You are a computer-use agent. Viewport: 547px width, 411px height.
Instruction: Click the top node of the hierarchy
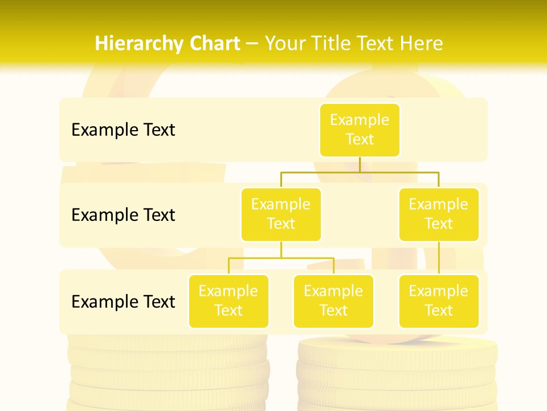360,130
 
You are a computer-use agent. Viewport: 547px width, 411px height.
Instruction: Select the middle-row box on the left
281,214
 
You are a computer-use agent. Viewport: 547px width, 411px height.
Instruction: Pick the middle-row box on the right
439,214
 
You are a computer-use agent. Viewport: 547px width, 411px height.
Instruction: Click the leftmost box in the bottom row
228,301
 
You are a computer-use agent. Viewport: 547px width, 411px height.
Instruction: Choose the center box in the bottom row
333,301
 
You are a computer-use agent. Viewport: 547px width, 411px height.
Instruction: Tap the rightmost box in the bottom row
439,301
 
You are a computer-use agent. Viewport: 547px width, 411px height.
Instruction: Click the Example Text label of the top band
123,130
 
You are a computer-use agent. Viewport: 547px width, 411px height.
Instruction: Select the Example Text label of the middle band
123,215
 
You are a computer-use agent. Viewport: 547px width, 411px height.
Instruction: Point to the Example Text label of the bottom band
123,301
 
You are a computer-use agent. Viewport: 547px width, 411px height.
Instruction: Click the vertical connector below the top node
360,164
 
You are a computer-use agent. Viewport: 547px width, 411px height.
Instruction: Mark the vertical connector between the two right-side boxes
439,258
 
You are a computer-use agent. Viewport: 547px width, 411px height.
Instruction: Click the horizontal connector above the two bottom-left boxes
281,258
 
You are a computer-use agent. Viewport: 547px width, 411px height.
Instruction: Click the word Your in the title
283,43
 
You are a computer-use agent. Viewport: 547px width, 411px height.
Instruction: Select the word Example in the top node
360,120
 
